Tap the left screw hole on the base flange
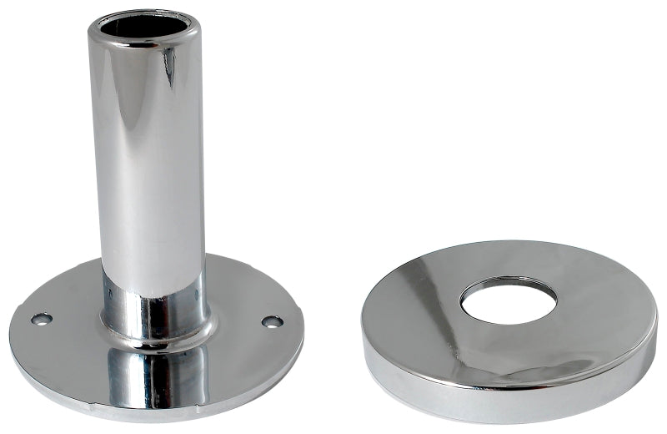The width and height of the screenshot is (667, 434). coord(41,319)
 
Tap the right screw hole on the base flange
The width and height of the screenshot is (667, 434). coord(272,321)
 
